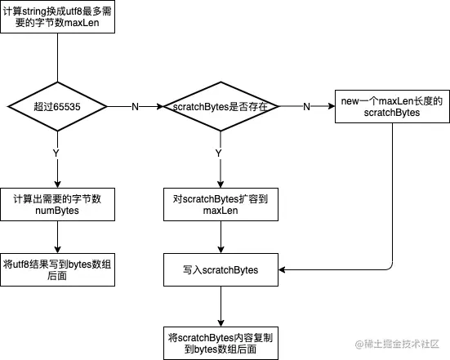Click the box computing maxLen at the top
tap(57, 16)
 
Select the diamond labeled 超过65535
tap(57, 106)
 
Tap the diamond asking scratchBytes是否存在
tap(221, 106)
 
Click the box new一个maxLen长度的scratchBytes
tap(392, 107)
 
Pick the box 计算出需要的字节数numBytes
tap(57, 205)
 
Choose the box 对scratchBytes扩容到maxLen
tap(221, 205)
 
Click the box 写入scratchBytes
tap(221, 269)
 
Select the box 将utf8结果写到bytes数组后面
tap(57, 269)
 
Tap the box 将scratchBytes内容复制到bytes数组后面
tap(221, 343)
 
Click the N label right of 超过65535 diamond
tap(135, 107)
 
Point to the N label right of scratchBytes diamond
tap(306, 107)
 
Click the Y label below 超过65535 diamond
tap(56, 153)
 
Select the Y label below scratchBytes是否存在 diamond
tap(219, 153)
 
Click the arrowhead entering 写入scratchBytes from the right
tap(282, 269)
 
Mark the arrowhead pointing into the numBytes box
tap(57, 184)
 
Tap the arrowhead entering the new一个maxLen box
tap(332, 106)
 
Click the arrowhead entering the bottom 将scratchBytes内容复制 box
tap(221, 323)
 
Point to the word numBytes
tap(57, 211)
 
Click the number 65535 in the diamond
tap(67, 107)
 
